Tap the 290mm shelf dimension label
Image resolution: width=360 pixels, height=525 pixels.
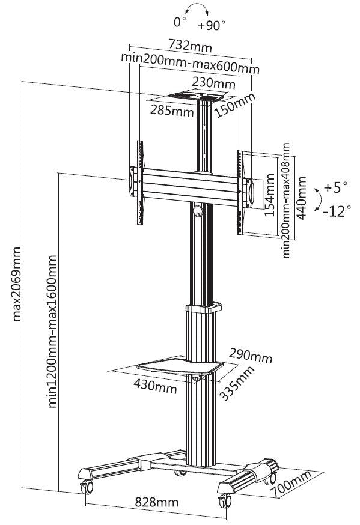tap(251, 357)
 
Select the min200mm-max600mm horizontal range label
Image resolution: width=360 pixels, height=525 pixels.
tap(186, 58)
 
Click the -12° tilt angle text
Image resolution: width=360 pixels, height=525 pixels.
tap(337, 211)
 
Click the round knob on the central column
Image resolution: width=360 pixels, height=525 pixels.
tap(197, 211)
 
